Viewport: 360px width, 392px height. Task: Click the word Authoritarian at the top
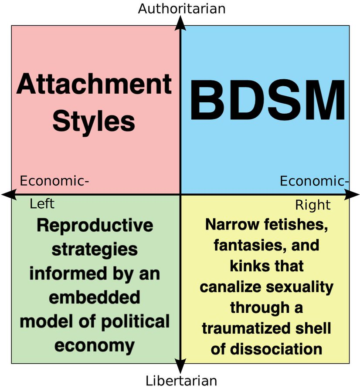tap(181, 9)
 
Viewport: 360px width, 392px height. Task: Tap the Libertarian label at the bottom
tap(181, 381)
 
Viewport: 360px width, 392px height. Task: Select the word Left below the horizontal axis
tap(42, 203)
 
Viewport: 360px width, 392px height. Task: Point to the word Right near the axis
tap(313, 205)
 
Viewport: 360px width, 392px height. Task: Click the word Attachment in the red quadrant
tap(94, 84)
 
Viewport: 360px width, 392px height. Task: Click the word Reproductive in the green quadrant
tap(95, 226)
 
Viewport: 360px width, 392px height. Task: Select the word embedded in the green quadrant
tap(95, 297)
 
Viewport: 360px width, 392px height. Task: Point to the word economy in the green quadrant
tap(95, 345)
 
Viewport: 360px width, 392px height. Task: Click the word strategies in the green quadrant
tap(95, 250)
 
